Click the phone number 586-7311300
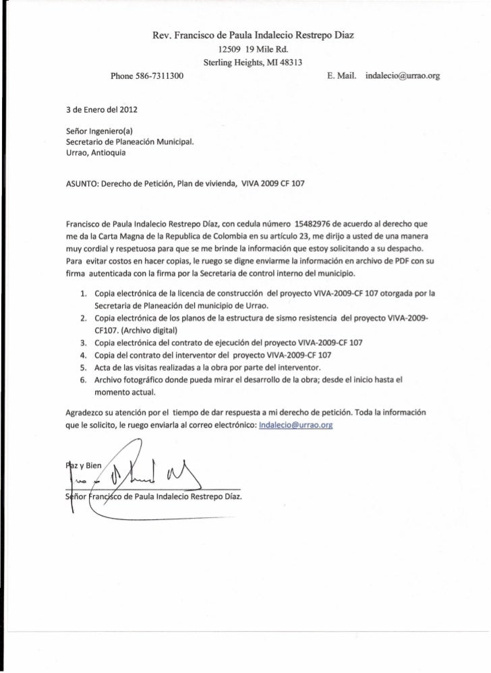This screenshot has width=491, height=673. tap(163, 77)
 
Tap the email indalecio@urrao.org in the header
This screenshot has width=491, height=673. tap(401, 77)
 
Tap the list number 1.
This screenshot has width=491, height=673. tap(82, 293)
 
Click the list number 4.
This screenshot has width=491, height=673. tap(82, 355)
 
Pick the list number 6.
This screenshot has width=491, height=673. tap(82, 380)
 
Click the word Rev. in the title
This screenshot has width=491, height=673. tap(163, 34)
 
